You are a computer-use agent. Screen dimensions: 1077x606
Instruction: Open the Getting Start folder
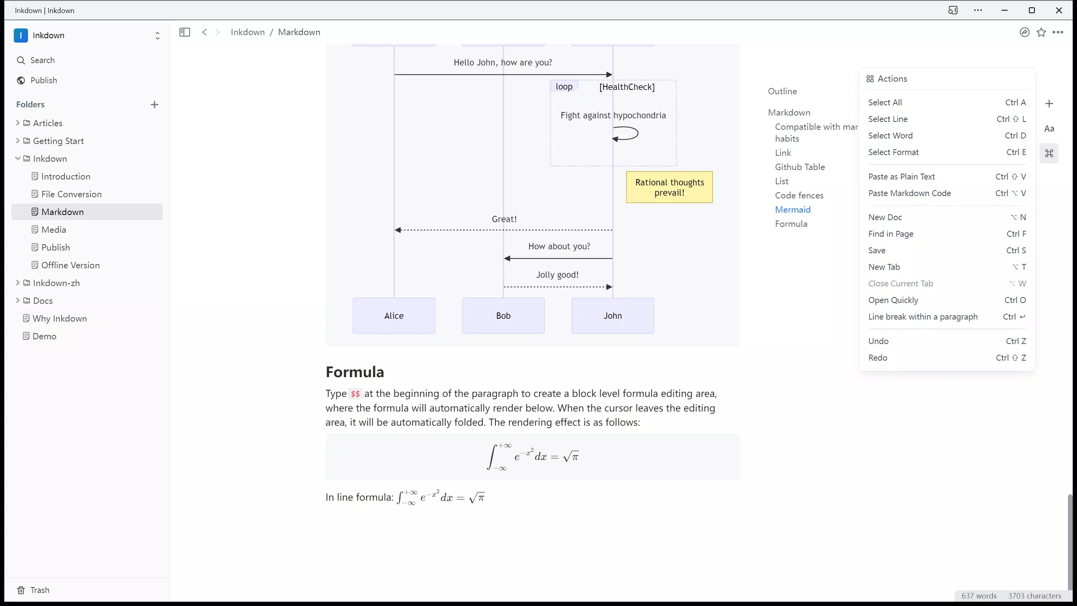click(58, 141)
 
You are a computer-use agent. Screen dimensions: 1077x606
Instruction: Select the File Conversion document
click(71, 194)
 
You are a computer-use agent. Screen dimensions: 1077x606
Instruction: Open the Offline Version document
click(70, 265)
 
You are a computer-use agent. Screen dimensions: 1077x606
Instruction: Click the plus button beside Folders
click(154, 105)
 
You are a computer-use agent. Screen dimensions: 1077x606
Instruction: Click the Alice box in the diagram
click(394, 316)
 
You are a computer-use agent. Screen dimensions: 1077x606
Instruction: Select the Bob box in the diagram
click(503, 316)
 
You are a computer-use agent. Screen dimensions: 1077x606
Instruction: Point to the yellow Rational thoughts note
click(669, 187)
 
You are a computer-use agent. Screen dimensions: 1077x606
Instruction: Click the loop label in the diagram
click(564, 86)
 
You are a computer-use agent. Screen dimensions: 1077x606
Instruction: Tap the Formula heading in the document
click(355, 372)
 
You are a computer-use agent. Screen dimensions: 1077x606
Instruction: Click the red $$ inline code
click(355, 394)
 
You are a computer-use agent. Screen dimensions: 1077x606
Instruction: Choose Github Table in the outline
click(800, 167)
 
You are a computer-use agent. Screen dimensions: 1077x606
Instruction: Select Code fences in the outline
click(799, 195)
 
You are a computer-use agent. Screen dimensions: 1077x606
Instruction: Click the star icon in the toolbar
click(1041, 32)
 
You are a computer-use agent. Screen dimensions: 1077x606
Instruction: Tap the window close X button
click(1058, 11)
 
